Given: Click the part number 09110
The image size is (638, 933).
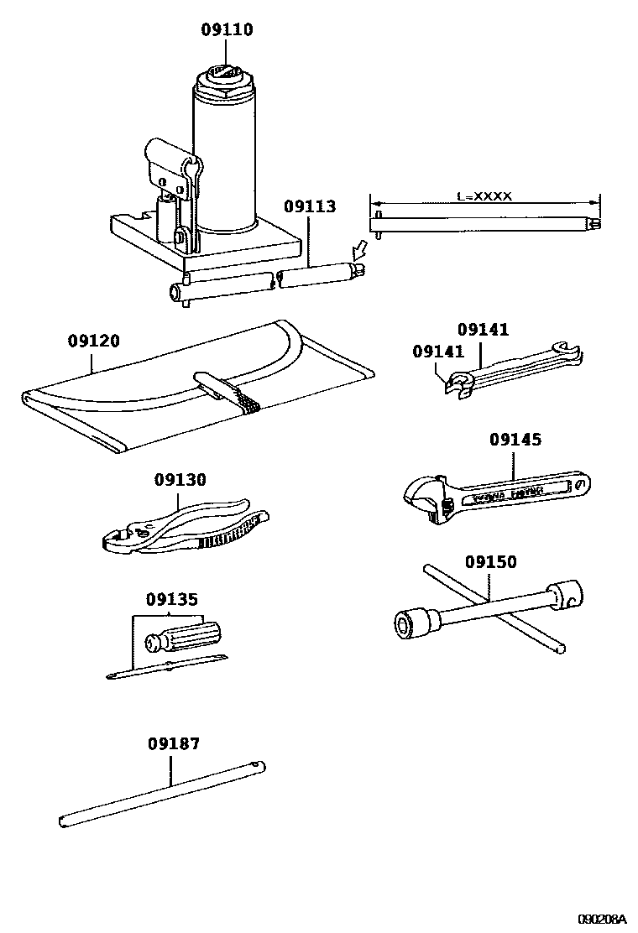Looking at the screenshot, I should tap(227, 30).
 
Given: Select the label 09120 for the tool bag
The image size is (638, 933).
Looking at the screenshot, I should tap(93, 341).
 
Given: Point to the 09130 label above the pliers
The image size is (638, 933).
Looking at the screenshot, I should tap(180, 480).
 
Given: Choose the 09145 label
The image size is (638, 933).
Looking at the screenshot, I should tap(515, 440).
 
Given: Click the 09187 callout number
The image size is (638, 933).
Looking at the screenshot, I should tap(174, 743).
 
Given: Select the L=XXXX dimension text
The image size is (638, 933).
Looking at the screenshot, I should tap(484, 196).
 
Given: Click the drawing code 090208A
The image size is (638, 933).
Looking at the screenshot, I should tap(602, 919).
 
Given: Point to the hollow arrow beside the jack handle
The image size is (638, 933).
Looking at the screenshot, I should tap(360, 249).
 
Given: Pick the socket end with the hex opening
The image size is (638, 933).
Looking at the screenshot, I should tap(411, 622).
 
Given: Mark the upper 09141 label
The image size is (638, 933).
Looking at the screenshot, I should tap(483, 330).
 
